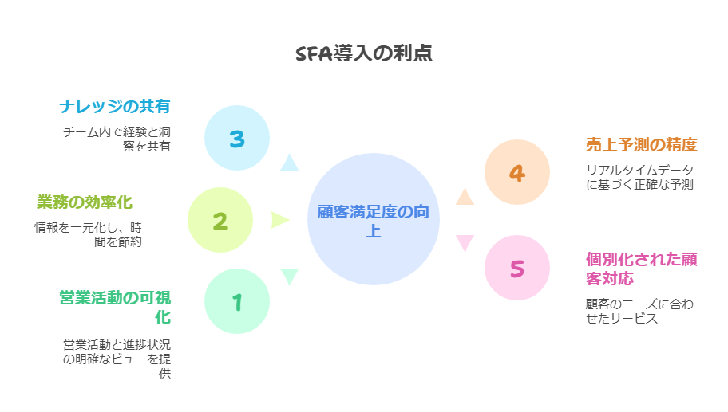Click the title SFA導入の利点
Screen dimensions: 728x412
point(364,53)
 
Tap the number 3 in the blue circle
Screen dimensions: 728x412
point(237,139)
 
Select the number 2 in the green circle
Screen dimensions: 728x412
point(220,221)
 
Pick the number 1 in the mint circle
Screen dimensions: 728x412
point(237,302)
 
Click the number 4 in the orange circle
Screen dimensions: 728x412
point(516,174)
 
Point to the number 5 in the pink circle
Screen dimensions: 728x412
point(516,269)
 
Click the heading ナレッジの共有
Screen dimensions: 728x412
point(115,107)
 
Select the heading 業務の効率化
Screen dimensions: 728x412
point(85,202)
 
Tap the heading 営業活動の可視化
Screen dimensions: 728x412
point(115,308)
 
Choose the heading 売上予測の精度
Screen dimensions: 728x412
point(641,144)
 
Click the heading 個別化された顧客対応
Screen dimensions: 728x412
point(641,269)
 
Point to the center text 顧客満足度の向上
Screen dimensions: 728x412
point(374,221)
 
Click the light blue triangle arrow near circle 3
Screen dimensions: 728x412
point(289,163)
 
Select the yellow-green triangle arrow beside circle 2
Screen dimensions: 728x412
point(279,220)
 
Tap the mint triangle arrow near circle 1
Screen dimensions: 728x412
point(289,275)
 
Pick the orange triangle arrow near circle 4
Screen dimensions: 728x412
point(465,198)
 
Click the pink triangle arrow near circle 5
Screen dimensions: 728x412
point(465,242)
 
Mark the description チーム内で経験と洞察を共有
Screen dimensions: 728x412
point(117,139)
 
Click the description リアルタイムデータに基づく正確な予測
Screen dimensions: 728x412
point(639,177)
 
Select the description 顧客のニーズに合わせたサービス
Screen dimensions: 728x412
point(639,311)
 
